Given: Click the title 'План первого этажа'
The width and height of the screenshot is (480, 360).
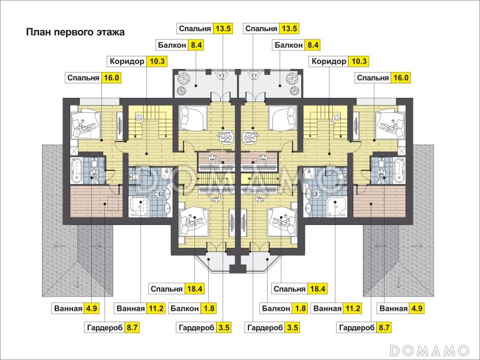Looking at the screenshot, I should click(75, 32).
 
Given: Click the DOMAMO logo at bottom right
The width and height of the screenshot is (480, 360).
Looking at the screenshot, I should click(429, 349).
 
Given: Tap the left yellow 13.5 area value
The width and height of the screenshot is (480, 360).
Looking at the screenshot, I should click(224, 28).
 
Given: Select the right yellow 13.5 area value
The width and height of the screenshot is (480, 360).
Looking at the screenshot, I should click(289, 28).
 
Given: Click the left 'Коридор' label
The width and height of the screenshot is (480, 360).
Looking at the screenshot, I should click(127, 61).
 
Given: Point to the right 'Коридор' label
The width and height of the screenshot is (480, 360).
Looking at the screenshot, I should click(329, 61).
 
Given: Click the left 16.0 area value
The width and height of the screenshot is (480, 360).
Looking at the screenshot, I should click(112, 77).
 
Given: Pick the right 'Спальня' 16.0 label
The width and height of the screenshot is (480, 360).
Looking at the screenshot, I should click(373, 77).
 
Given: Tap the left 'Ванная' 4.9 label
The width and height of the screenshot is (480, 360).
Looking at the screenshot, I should click(68, 309).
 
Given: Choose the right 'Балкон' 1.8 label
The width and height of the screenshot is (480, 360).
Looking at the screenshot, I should click(277, 309).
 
